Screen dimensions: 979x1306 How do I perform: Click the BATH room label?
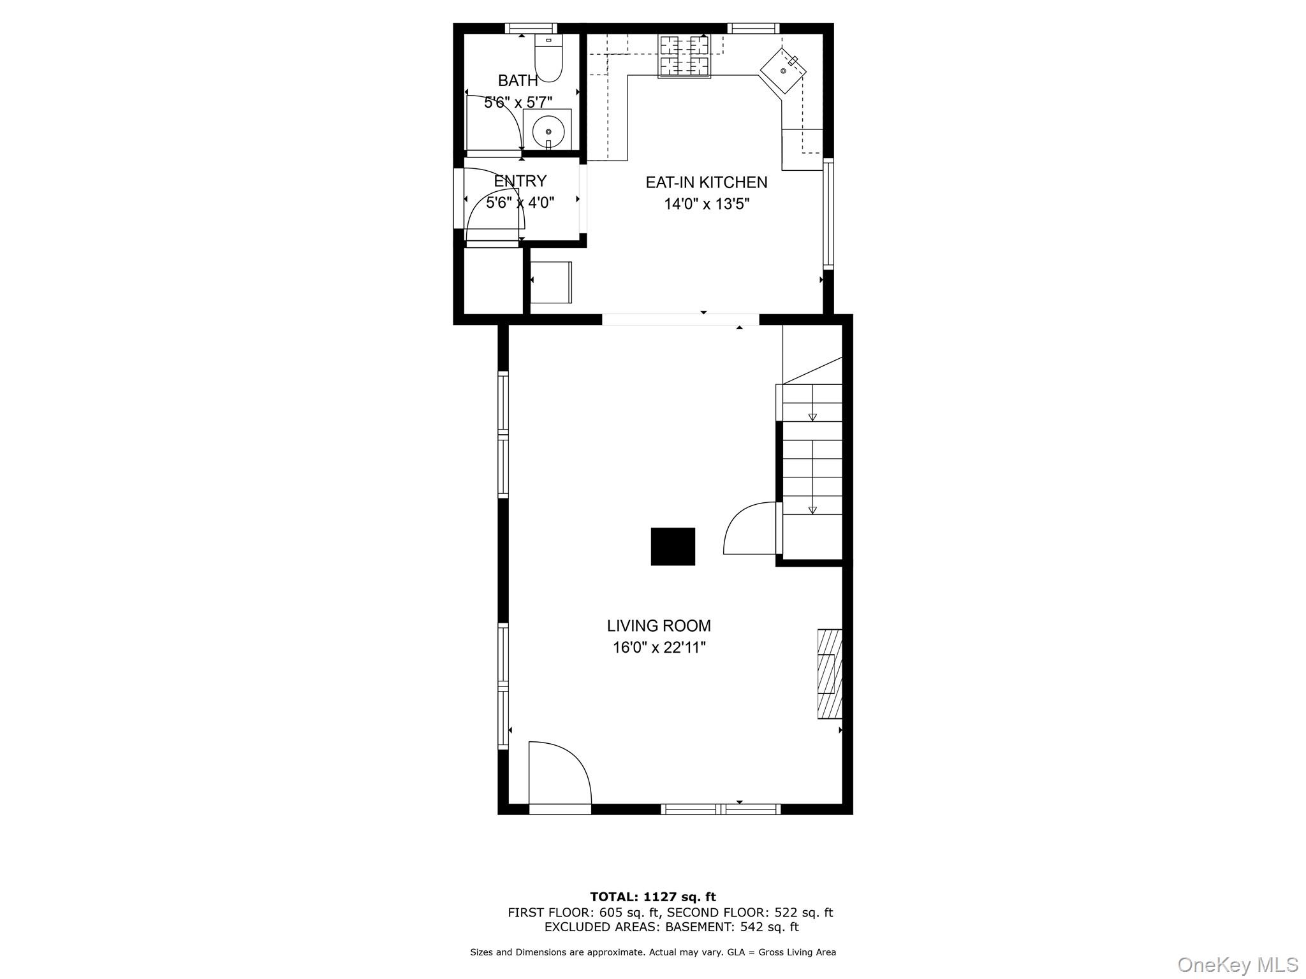click(x=518, y=81)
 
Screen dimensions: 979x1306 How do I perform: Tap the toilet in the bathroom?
click(x=548, y=61)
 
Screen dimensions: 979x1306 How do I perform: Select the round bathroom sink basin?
click(x=548, y=131)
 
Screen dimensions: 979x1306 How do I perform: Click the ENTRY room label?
click(x=520, y=181)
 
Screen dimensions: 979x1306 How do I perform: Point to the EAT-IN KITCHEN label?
click(x=706, y=182)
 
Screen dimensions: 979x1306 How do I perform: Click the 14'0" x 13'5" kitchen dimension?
click(x=706, y=205)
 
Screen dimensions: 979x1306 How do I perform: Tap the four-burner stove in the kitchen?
click(x=684, y=56)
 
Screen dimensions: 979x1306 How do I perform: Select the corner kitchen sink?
click(x=783, y=71)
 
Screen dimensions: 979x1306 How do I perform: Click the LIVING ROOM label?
click(x=659, y=626)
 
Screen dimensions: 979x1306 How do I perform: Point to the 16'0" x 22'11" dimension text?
click(x=659, y=648)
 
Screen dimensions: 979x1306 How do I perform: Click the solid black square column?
click(x=673, y=546)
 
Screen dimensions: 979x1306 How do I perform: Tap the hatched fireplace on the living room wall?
click(x=830, y=674)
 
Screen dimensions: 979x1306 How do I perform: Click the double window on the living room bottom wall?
click(x=721, y=809)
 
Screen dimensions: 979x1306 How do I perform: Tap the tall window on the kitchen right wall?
click(x=828, y=213)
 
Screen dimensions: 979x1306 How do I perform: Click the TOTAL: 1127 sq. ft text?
click(x=652, y=897)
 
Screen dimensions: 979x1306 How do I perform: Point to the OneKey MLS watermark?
click(x=1237, y=964)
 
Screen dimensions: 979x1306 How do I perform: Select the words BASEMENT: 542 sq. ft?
click(x=731, y=927)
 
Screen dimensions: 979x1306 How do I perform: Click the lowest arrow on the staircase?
click(x=812, y=510)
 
